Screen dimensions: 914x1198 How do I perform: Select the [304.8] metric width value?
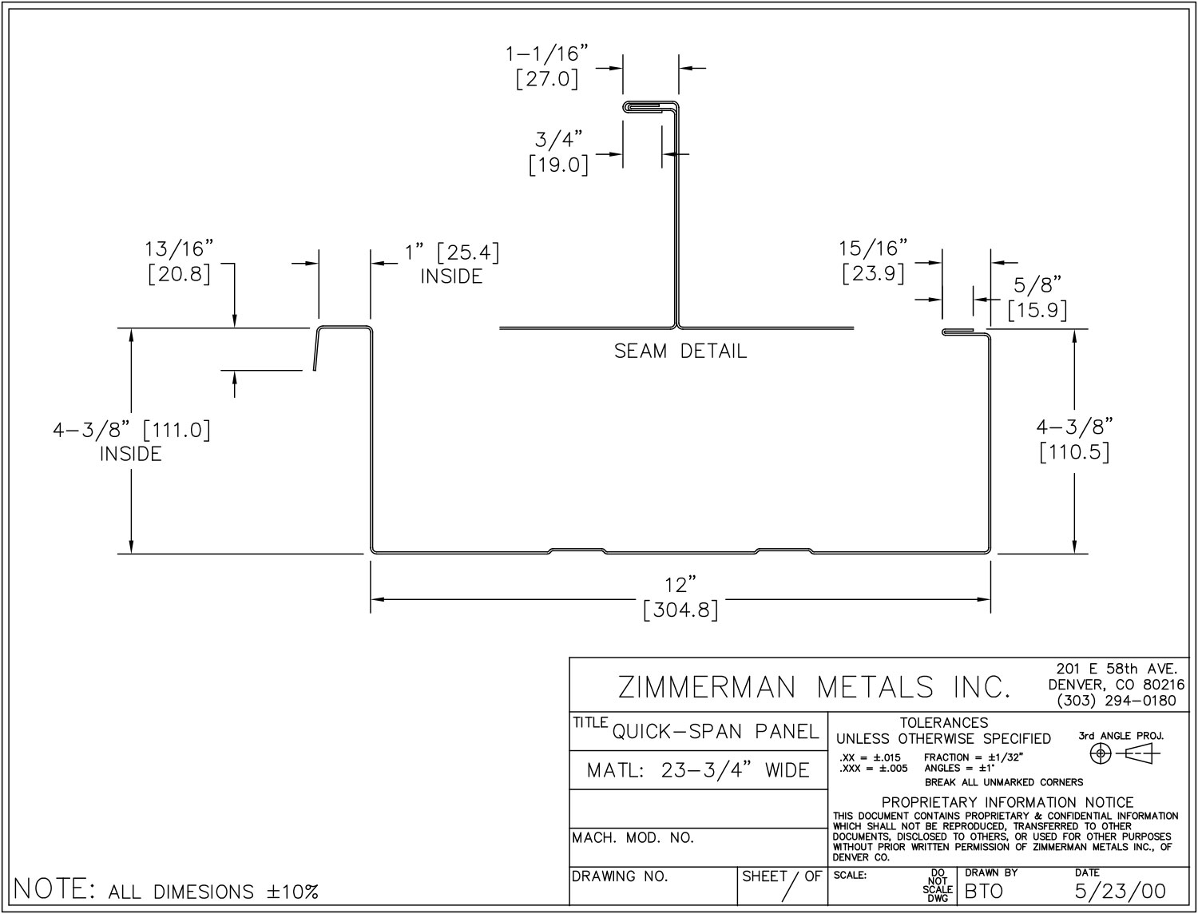coord(680,611)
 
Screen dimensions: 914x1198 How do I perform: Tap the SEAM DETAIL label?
coord(680,352)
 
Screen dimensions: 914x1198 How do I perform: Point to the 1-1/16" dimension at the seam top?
coord(547,54)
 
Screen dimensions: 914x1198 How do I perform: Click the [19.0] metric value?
coord(558,165)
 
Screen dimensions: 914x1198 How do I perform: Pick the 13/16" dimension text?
coord(180,248)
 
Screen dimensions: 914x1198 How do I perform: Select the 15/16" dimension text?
coord(874,248)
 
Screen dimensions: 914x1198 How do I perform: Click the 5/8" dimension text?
coord(1037,284)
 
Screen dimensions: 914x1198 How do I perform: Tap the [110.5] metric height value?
coord(1074,452)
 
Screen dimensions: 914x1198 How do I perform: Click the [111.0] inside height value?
coord(177,431)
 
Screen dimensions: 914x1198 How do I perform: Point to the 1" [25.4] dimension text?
coord(452,253)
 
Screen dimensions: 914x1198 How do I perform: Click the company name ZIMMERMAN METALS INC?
coord(815,687)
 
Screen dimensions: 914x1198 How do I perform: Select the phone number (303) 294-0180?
coord(1116,701)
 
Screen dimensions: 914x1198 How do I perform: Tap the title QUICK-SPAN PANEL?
coord(716,732)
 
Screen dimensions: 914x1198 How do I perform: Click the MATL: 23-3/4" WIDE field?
coord(698,771)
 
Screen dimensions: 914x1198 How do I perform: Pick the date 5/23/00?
coord(1121,891)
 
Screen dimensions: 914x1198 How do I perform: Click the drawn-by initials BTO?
coord(983,891)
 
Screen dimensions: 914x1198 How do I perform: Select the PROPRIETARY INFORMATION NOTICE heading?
coord(1007,802)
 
